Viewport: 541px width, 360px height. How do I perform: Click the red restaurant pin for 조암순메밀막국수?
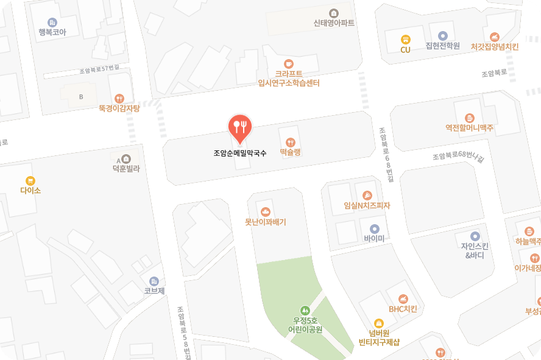240,127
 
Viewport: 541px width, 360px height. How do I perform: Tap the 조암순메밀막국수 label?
240,154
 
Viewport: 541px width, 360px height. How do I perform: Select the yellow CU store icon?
405,39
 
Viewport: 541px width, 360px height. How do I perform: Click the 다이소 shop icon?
30,180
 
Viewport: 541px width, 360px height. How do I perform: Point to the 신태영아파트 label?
334,23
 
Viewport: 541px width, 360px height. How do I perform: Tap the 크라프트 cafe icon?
289,63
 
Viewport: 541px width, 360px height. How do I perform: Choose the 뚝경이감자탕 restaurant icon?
119,98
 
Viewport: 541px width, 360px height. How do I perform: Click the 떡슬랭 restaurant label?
291,153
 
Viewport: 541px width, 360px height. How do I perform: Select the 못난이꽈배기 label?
266,222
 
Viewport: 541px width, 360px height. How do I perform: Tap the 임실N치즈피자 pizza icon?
367,196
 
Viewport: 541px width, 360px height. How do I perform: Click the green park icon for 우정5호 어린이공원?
305,310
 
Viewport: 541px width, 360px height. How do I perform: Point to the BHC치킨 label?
403,309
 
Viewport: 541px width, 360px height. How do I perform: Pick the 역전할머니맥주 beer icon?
469,118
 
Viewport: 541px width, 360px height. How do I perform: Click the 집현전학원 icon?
442,35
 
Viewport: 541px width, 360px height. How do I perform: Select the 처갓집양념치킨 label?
495,46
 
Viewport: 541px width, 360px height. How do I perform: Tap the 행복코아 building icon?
52,23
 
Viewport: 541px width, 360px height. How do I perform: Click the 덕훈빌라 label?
126,168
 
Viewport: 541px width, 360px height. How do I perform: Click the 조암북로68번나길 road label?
458,157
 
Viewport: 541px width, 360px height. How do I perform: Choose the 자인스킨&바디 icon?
475,236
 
